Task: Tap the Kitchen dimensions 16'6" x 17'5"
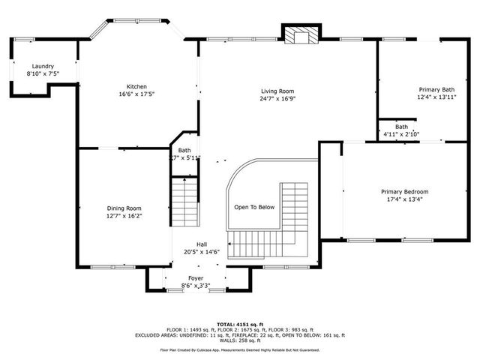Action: [136, 94]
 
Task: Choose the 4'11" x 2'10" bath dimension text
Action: [402, 134]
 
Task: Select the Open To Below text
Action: [254, 207]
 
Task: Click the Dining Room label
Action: [124, 208]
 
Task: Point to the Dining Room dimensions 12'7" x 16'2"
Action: [124, 216]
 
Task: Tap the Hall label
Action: [202, 244]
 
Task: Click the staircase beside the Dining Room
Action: [184, 200]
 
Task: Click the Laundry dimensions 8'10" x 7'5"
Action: [43, 74]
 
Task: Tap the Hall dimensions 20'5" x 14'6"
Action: [202, 253]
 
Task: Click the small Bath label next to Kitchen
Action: [184, 150]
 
